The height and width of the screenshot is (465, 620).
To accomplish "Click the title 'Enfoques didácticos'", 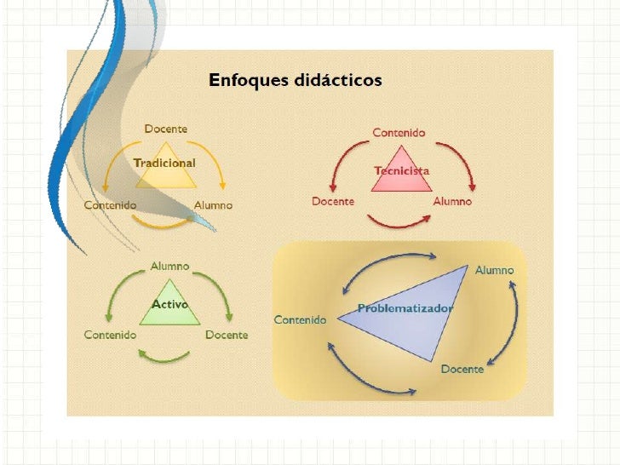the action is point(296,81).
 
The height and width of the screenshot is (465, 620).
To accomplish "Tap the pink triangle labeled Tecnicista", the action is point(401,166).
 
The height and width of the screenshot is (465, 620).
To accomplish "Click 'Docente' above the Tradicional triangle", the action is point(165,129).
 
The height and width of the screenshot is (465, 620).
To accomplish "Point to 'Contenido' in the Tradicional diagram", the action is point(110,205).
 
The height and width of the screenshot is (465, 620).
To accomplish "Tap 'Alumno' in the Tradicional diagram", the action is point(213,205).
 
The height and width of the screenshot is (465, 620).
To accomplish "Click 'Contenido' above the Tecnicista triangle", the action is point(399,133).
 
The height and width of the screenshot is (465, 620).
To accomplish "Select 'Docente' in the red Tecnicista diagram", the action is point(333,201).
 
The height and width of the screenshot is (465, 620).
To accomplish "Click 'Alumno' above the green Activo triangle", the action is point(169,267).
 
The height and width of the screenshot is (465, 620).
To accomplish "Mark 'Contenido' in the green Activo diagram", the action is point(110,335).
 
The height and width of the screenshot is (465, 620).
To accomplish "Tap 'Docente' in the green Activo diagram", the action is point(227,335).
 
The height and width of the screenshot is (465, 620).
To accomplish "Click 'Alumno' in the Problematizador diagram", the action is point(494,270).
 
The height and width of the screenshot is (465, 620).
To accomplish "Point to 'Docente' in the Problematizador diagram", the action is point(462,369).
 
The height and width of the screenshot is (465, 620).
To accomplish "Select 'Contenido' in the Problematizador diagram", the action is point(300,319).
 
